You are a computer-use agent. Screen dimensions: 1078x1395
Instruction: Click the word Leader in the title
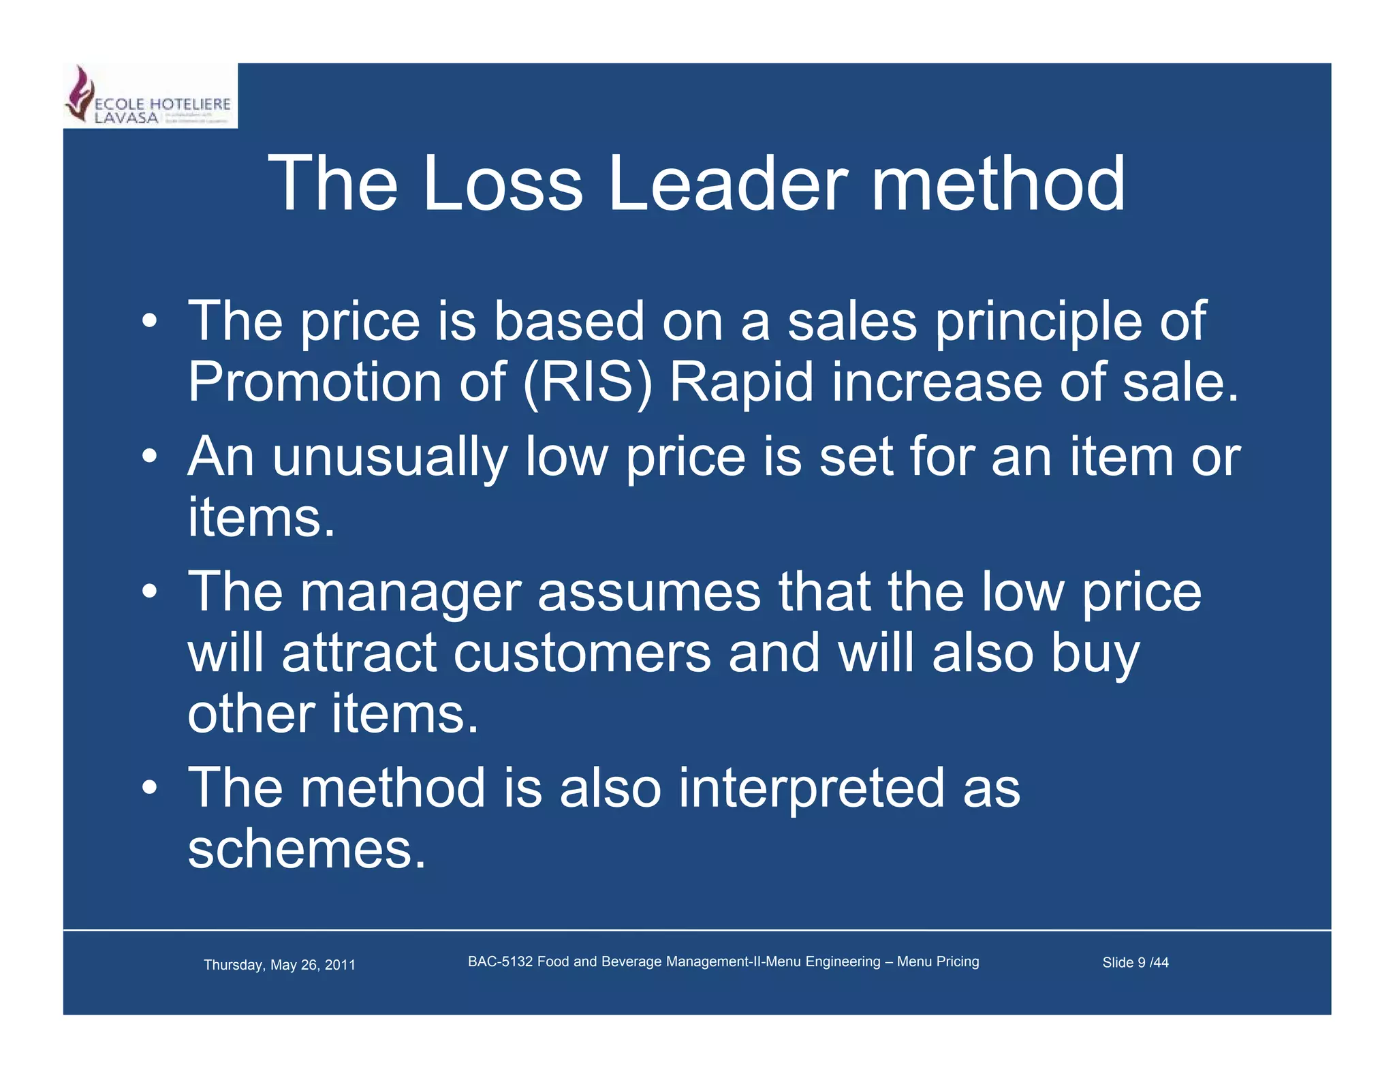click(727, 184)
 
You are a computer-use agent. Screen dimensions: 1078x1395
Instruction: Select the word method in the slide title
click(998, 184)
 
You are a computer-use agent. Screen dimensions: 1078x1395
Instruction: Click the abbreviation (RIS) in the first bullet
click(587, 383)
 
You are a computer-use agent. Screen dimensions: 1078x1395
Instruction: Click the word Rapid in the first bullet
click(742, 383)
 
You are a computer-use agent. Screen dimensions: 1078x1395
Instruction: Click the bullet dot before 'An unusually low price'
click(150, 457)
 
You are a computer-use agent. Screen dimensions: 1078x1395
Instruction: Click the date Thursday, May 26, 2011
click(279, 965)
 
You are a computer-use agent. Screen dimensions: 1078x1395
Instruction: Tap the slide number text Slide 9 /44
click(1135, 963)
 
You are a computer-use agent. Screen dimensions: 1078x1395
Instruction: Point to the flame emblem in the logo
click(80, 94)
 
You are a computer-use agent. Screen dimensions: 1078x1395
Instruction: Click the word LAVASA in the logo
click(126, 118)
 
